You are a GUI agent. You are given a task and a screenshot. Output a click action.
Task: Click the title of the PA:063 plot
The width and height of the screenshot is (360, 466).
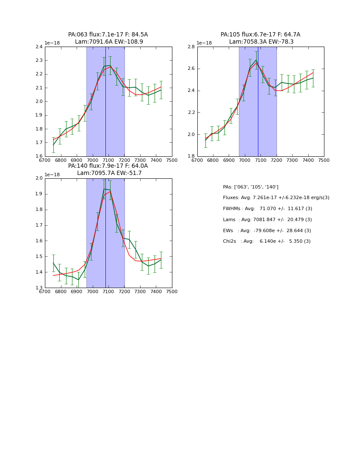pyautogui.click(x=108, y=38)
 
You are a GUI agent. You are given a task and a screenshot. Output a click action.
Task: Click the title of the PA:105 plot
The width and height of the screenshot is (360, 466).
pyautogui.click(x=260, y=38)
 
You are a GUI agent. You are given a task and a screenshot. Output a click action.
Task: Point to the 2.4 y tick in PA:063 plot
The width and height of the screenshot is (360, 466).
pyautogui.click(x=39, y=47)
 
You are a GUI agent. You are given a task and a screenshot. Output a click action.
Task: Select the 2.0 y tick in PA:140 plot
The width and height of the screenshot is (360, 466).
pyautogui.click(x=39, y=178)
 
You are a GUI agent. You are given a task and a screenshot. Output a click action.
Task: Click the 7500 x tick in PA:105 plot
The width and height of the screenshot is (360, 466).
pyautogui.click(x=324, y=161)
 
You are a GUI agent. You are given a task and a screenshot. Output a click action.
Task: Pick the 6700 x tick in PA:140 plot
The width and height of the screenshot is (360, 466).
pyautogui.click(x=45, y=292)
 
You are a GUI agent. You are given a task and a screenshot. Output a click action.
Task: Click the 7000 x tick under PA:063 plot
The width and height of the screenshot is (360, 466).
pyautogui.click(x=92, y=161)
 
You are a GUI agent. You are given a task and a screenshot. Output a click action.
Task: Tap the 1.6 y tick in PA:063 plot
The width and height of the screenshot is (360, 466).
pyautogui.click(x=39, y=156)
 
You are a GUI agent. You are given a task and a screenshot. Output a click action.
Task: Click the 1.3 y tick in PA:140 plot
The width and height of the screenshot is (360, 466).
pyautogui.click(x=39, y=288)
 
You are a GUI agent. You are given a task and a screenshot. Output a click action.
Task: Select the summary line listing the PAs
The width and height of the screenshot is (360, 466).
pyautogui.click(x=251, y=187)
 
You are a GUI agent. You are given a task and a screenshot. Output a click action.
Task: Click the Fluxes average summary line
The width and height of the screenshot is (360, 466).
pyautogui.click(x=276, y=198)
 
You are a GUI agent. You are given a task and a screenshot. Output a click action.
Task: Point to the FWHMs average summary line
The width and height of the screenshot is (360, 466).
pyautogui.click(x=268, y=209)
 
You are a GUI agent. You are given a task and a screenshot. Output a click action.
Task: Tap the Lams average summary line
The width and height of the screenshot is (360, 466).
pyautogui.click(x=268, y=220)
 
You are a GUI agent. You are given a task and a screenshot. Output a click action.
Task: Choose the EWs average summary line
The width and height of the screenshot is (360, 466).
pyautogui.click(x=267, y=231)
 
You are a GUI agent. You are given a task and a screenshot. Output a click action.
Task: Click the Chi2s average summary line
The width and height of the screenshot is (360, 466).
pyautogui.click(x=267, y=241)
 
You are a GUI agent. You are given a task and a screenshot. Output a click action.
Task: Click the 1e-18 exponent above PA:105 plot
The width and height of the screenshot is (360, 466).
pyautogui.click(x=204, y=43)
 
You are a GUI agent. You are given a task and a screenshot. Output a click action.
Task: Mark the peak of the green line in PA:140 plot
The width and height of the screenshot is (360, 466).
pyautogui.click(x=104, y=189)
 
